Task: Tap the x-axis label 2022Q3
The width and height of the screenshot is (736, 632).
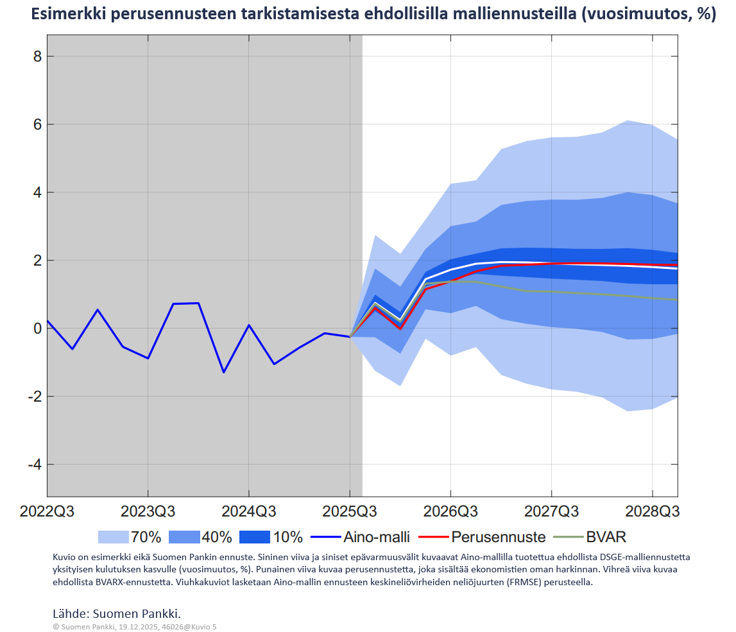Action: [47, 512]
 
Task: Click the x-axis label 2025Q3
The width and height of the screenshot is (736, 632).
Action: [350, 512]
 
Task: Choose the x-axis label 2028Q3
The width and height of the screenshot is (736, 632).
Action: [653, 512]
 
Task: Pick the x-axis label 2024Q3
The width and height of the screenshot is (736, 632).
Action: [249, 512]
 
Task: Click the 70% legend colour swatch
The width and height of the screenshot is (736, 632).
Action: [113, 537]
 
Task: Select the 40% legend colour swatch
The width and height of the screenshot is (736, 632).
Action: [184, 537]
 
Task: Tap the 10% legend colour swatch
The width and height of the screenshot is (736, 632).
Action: [255, 537]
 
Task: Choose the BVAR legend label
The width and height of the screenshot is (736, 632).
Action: [606, 537]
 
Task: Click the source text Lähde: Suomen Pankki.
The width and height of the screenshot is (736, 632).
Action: [121, 612]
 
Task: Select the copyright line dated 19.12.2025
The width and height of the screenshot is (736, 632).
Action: [135, 626]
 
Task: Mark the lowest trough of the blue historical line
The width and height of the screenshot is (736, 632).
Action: [223, 372]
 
